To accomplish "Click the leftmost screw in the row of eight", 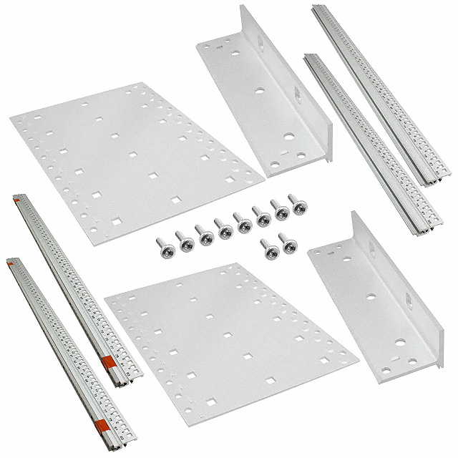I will tap(162, 245).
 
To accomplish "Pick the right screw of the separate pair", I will tap(288, 242).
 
